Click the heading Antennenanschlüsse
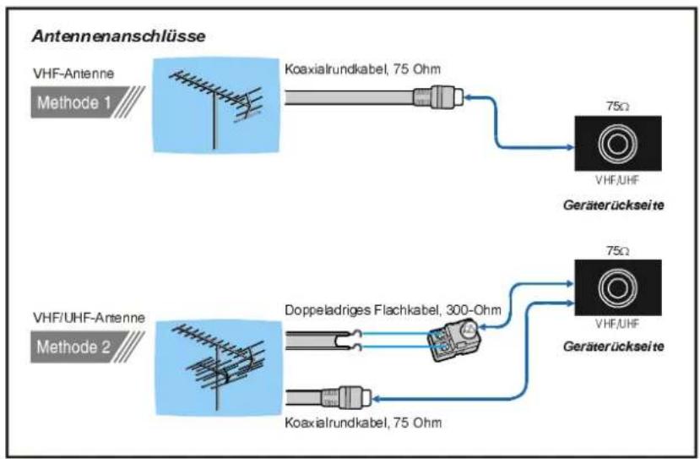click(119, 36)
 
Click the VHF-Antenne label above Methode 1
click(73, 74)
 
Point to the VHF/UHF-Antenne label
click(89, 318)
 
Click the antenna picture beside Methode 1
click(216, 106)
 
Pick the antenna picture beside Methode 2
click(219, 368)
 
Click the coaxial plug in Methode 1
click(438, 97)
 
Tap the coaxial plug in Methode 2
click(346, 397)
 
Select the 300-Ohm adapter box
click(454, 340)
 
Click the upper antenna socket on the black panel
click(618, 144)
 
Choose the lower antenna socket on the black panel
click(618, 287)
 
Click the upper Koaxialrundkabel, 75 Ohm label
click(362, 69)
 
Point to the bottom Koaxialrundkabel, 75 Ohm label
click(363, 423)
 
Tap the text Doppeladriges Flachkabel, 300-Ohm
click(393, 309)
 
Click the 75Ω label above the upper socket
click(618, 107)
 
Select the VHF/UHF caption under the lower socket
click(617, 324)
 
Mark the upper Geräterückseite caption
click(614, 205)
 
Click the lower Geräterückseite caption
click(614, 347)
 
